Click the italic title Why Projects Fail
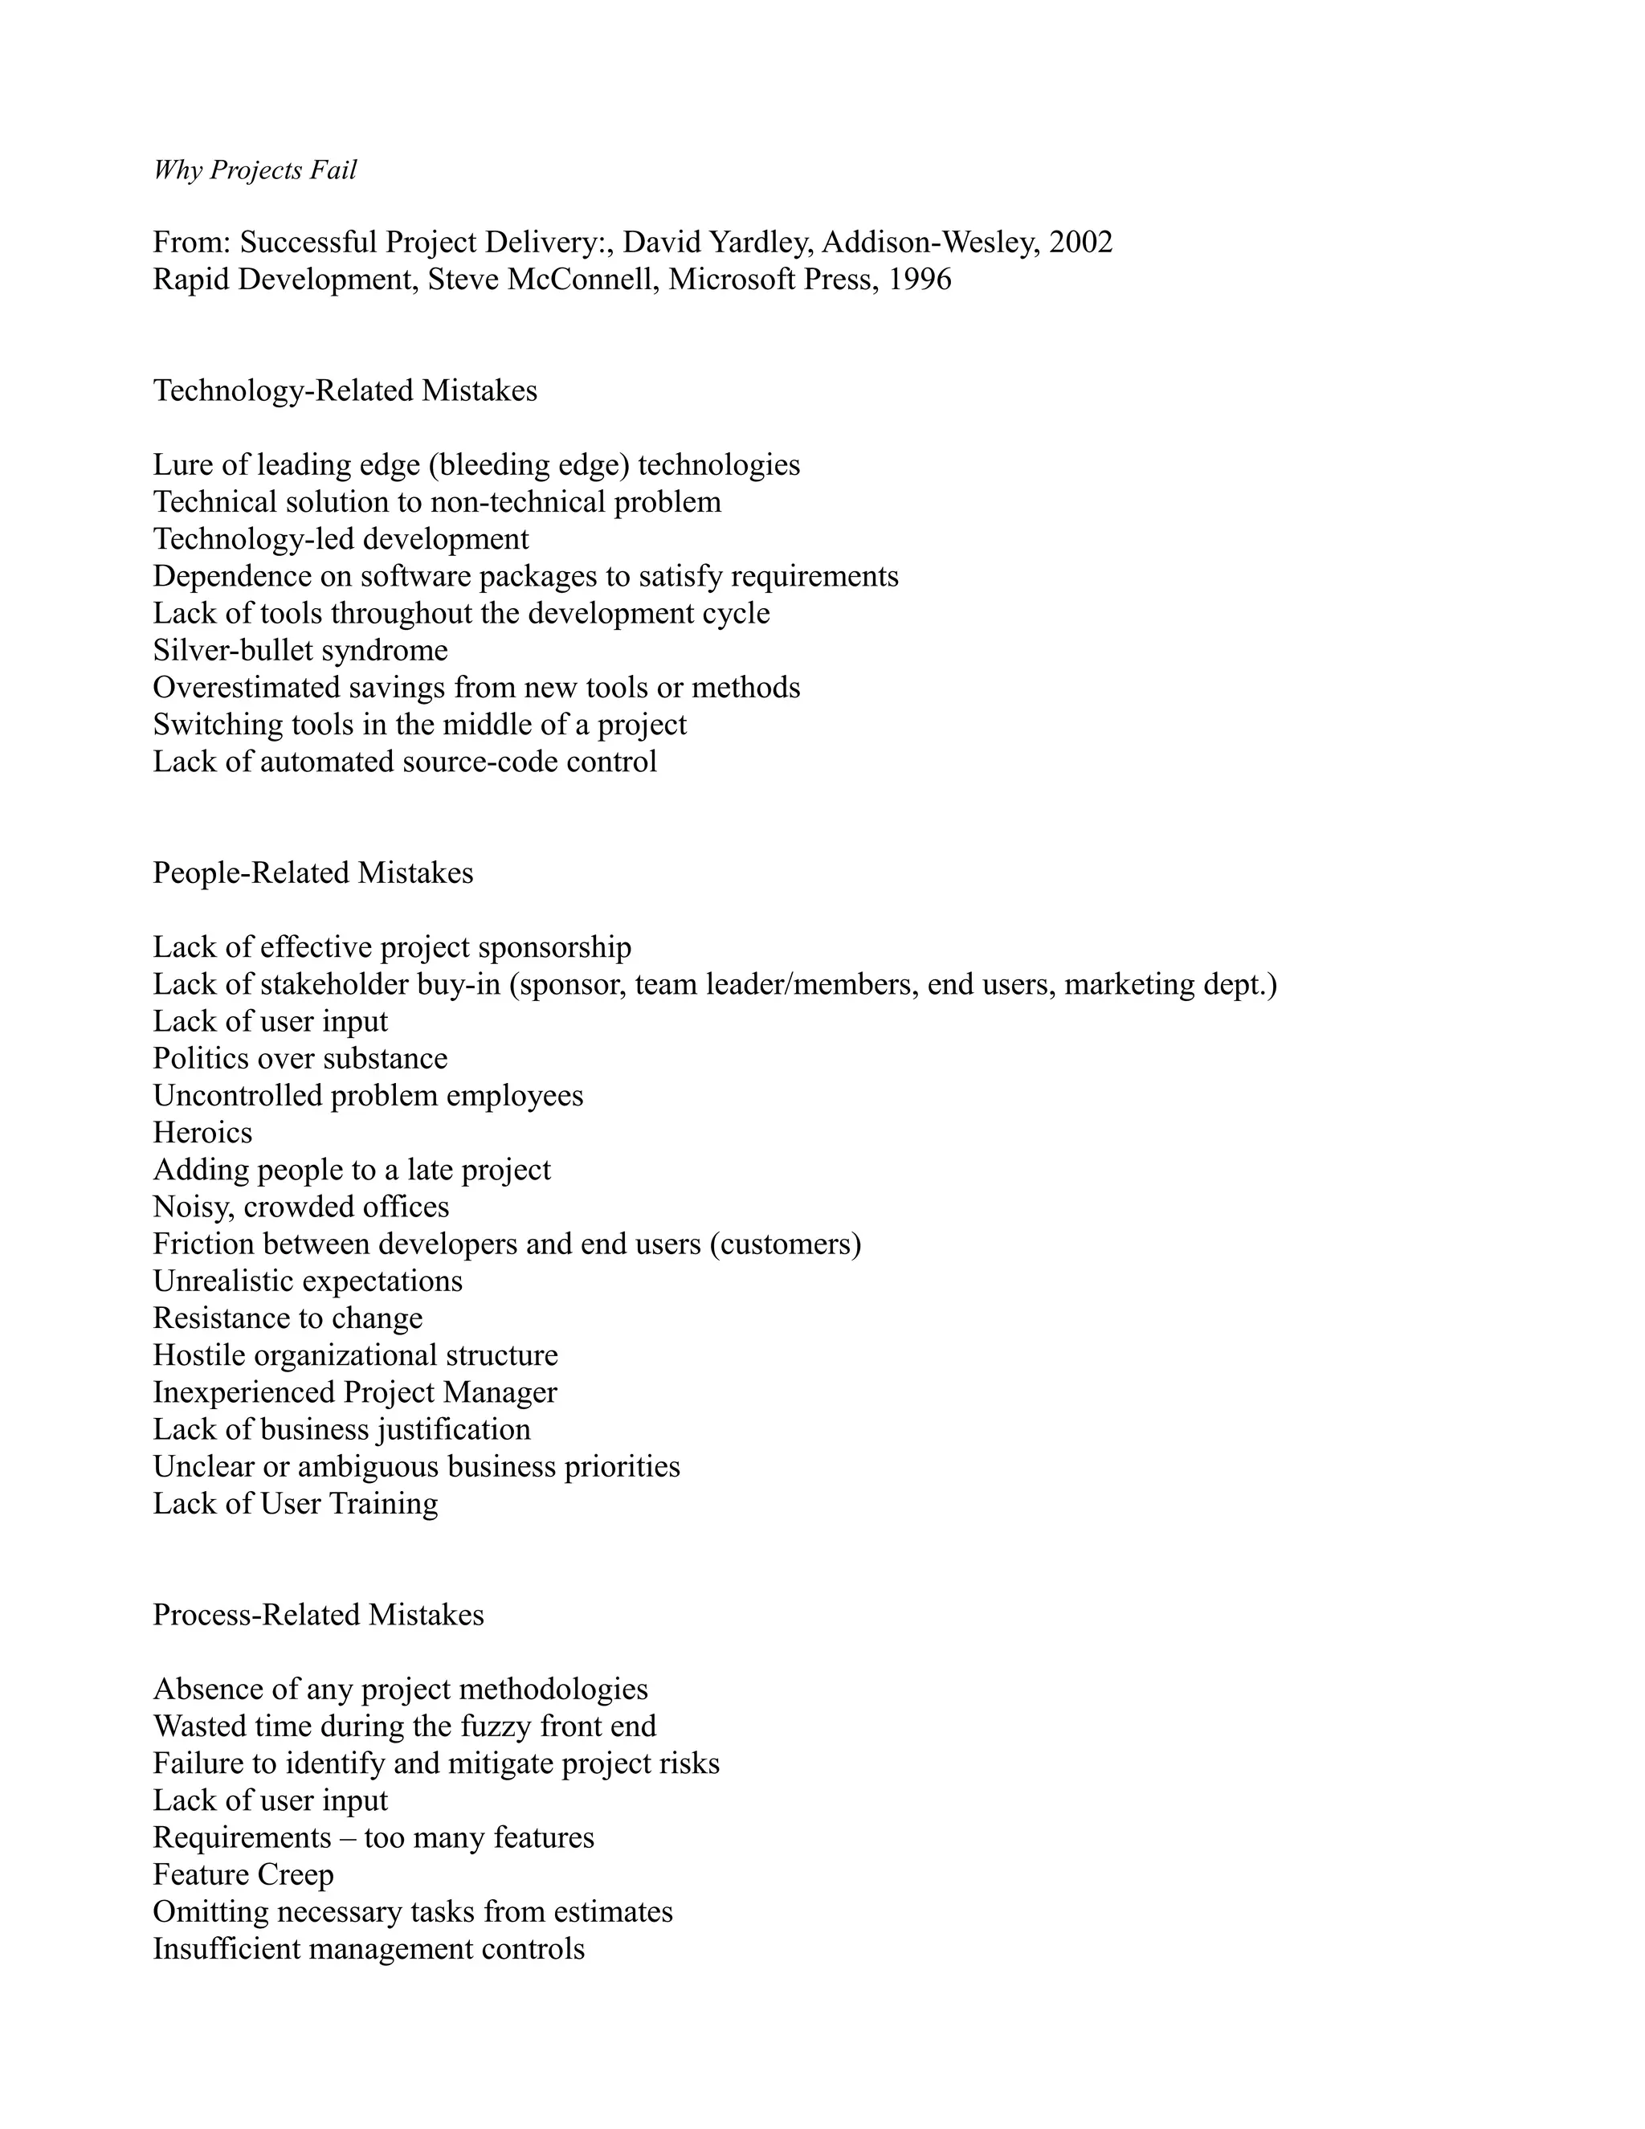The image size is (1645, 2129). (255, 170)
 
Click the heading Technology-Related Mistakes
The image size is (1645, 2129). (345, 391)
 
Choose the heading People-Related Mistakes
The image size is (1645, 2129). (312, 872)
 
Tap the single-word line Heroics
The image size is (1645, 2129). (202, 1133)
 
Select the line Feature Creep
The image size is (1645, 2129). (243, 1874)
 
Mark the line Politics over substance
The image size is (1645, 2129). (300, 1059)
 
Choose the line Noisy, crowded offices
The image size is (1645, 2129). (301, 1207)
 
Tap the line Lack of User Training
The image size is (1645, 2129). (296, 1503)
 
